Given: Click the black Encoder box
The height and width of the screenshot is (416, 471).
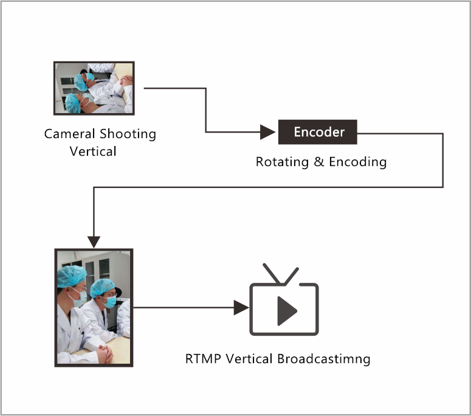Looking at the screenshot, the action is pos(317,132).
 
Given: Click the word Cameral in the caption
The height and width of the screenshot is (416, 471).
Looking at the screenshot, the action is pos(69,134).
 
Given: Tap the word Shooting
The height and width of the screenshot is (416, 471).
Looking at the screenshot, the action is pos(128,134).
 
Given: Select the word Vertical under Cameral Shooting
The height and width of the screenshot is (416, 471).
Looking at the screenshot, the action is pos(93,151).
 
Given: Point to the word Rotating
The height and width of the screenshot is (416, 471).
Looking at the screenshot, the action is pos(282,162).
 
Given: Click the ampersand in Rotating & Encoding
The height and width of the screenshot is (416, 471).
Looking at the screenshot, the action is pos(318,162).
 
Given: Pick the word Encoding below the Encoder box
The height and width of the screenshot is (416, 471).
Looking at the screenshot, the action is pos(358,162).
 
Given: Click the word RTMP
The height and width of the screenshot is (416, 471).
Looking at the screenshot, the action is pos(203,359).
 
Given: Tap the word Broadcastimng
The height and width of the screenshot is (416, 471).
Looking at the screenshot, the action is pos(323,359).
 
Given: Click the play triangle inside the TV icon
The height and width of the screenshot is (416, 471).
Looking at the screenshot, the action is pos(287,311).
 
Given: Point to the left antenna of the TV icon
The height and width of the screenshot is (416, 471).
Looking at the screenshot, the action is pos(272,274).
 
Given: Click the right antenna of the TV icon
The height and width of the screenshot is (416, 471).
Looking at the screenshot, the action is pos(291,276).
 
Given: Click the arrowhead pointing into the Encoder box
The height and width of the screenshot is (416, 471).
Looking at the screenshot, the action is pos(267,132).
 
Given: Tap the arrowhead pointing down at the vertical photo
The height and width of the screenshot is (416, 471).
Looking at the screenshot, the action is pos(94,242).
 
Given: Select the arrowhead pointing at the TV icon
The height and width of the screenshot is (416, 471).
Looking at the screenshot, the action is pos(241,308).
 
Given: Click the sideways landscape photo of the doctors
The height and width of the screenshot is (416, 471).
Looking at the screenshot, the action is pos(94,88).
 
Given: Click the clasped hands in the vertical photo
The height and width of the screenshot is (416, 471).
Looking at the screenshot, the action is pos(105,354).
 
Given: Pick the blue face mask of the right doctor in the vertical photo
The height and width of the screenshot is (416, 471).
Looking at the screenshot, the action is pos(110,301).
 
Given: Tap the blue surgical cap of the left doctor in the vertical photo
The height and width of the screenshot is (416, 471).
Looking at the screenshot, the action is pos(71,276).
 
